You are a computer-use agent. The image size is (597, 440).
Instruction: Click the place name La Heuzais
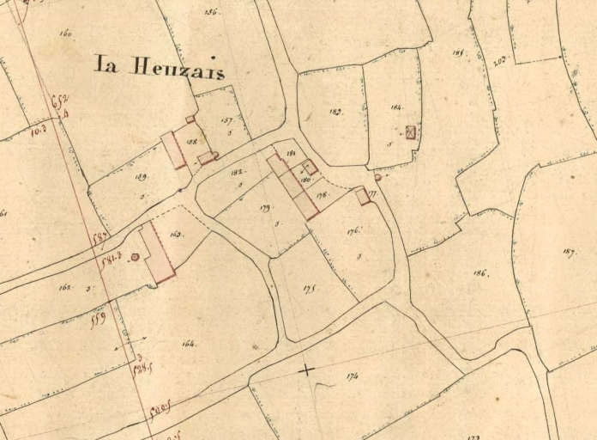tap(159, 67)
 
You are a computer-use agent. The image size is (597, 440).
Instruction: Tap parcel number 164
tap(189, 344)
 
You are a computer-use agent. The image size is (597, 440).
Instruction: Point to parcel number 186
tap(480, 274)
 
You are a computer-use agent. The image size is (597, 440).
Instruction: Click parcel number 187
tap(569, 251)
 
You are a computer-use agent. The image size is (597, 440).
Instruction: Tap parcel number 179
tap(265, 208)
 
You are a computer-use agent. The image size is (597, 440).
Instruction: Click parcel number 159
tap(141, 177)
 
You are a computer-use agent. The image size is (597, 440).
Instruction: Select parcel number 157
tap(227, 121)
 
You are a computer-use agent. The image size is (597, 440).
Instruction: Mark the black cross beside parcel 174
tap(305, 370)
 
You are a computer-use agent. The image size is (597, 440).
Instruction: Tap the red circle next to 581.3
tap(135, 257)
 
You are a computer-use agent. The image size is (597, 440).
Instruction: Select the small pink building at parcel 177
tap(363, 197)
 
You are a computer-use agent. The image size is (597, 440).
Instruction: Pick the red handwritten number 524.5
tap(142, 369)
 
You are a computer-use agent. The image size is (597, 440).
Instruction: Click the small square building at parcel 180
tap(310, 168)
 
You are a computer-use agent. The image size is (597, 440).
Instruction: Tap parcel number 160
tap(66, 34)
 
